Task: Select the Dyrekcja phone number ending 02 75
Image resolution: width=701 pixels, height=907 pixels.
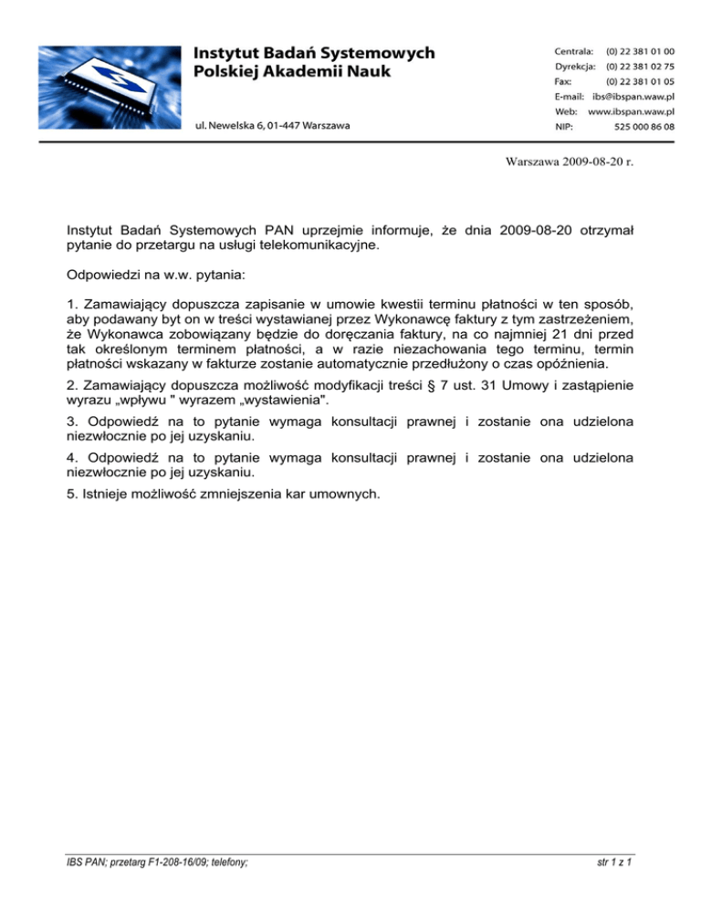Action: click(x=641, y=67)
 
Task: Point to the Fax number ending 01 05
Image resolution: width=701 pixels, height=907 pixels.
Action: click(x=641, y=81)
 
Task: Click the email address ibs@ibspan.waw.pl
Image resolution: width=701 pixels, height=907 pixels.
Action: click(x=633, y=96)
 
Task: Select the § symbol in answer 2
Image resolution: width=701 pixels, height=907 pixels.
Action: click(x=484, y=379)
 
